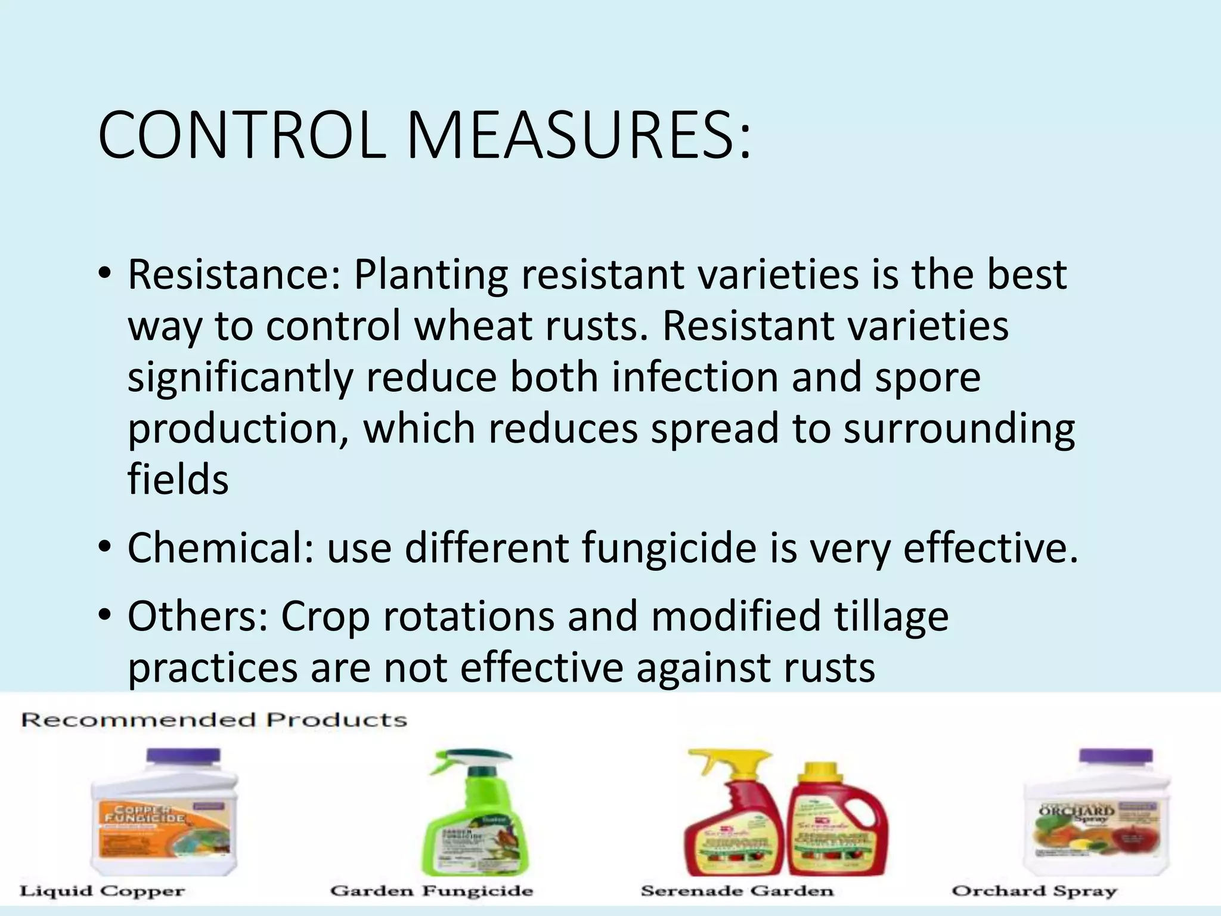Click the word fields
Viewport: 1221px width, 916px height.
pyautogui.click(x=178, y=480)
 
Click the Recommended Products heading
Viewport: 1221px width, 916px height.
pyautogui.click(x=214, y=720)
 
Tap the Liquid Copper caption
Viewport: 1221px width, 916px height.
pyautogui.click(x=103, y=892)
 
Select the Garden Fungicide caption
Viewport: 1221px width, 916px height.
pyautogui.click(x=432, y=892)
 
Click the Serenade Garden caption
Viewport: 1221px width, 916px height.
pyautogui.click(x=737, y=892)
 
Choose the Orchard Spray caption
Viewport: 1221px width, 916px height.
pyautogui.click(x=1034, y=892)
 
